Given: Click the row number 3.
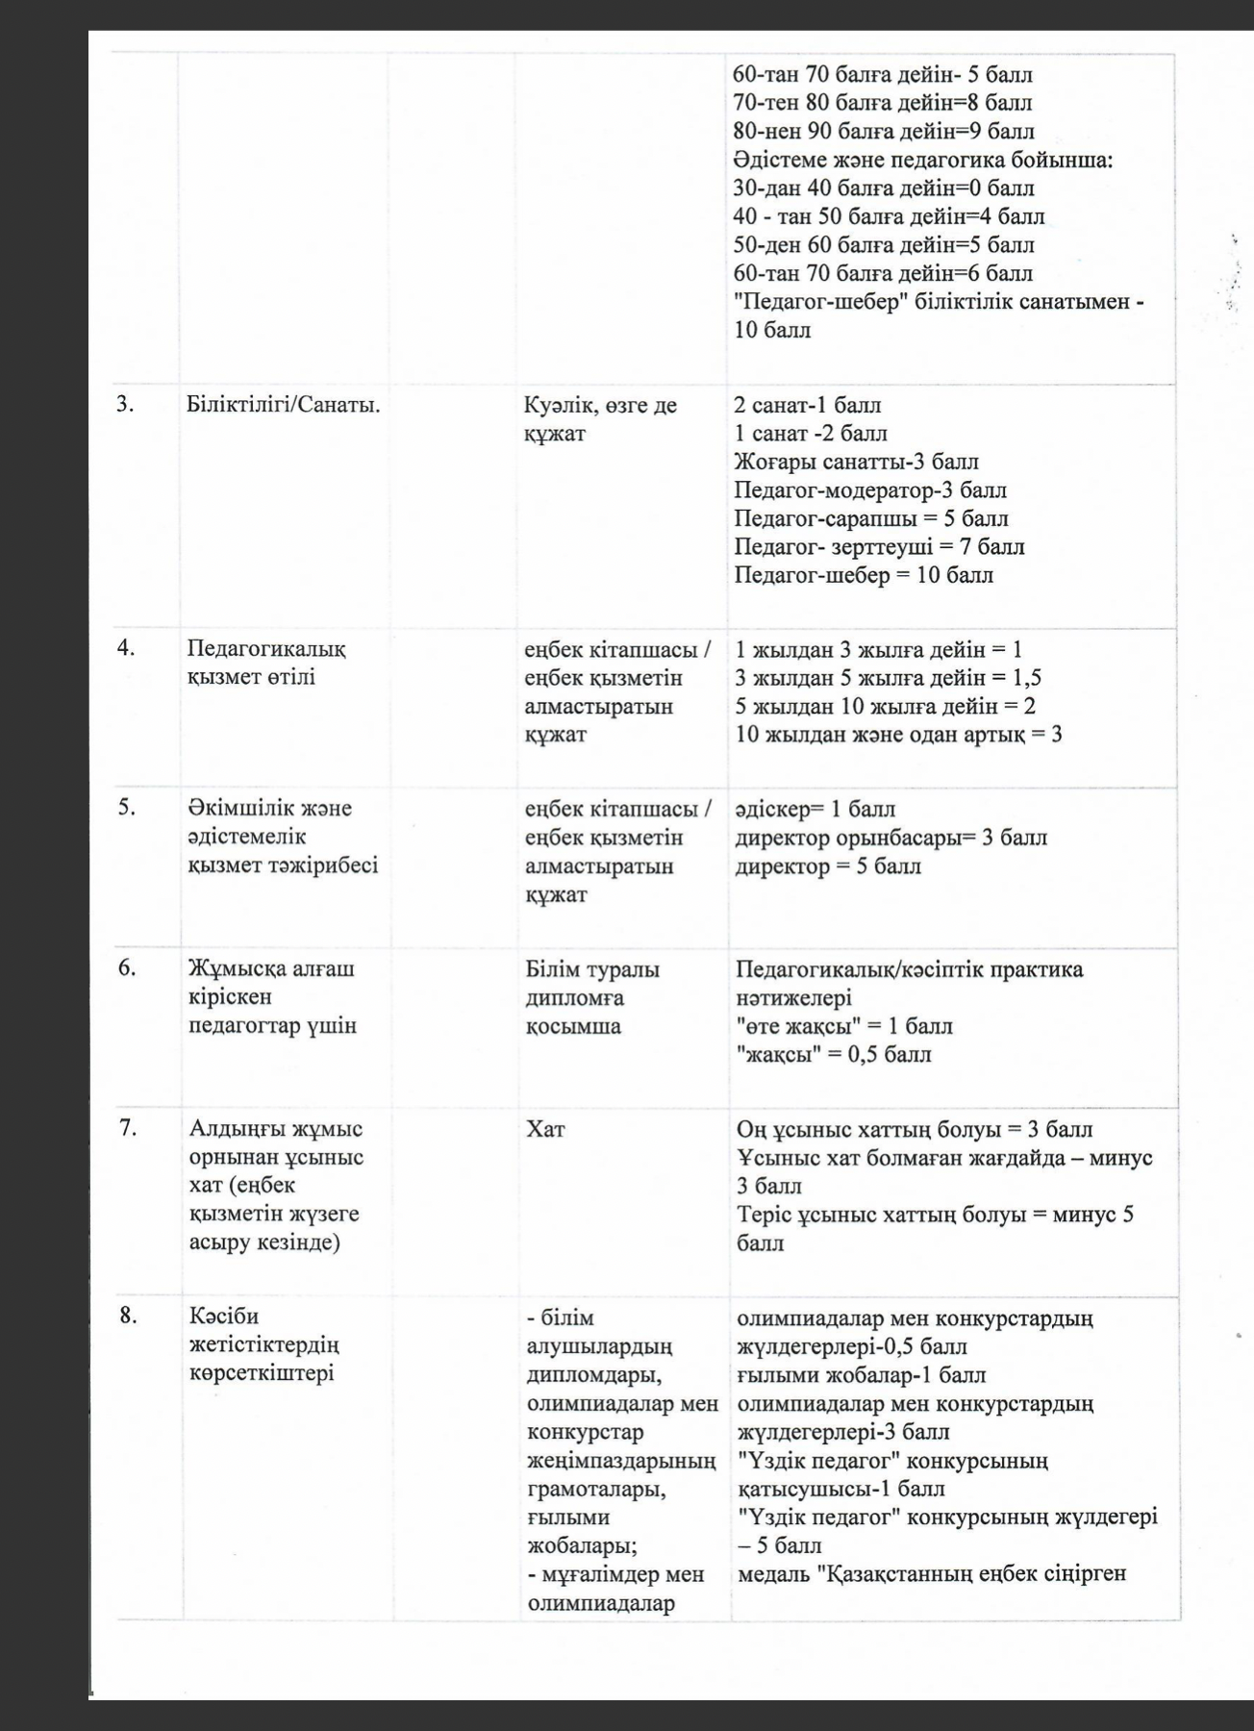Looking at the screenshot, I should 125,405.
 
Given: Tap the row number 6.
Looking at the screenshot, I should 127,966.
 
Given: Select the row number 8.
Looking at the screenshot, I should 128,1316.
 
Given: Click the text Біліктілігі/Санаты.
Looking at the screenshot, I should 284,405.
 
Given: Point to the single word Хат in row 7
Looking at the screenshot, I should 545,1129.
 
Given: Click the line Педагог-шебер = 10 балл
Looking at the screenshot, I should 864,575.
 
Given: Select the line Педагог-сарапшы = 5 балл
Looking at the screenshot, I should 871,518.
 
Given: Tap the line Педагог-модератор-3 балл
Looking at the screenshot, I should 870,490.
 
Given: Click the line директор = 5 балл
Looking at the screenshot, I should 828,866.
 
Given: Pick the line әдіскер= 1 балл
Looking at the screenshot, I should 815,809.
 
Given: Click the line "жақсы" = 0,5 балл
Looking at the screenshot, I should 834,1054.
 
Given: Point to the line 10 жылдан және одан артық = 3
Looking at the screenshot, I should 898,736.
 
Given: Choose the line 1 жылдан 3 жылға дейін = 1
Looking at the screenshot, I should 878,650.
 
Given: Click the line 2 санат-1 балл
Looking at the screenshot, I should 807,405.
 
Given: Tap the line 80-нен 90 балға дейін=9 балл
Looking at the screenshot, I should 884,131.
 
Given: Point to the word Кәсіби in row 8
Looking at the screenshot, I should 224,1316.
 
